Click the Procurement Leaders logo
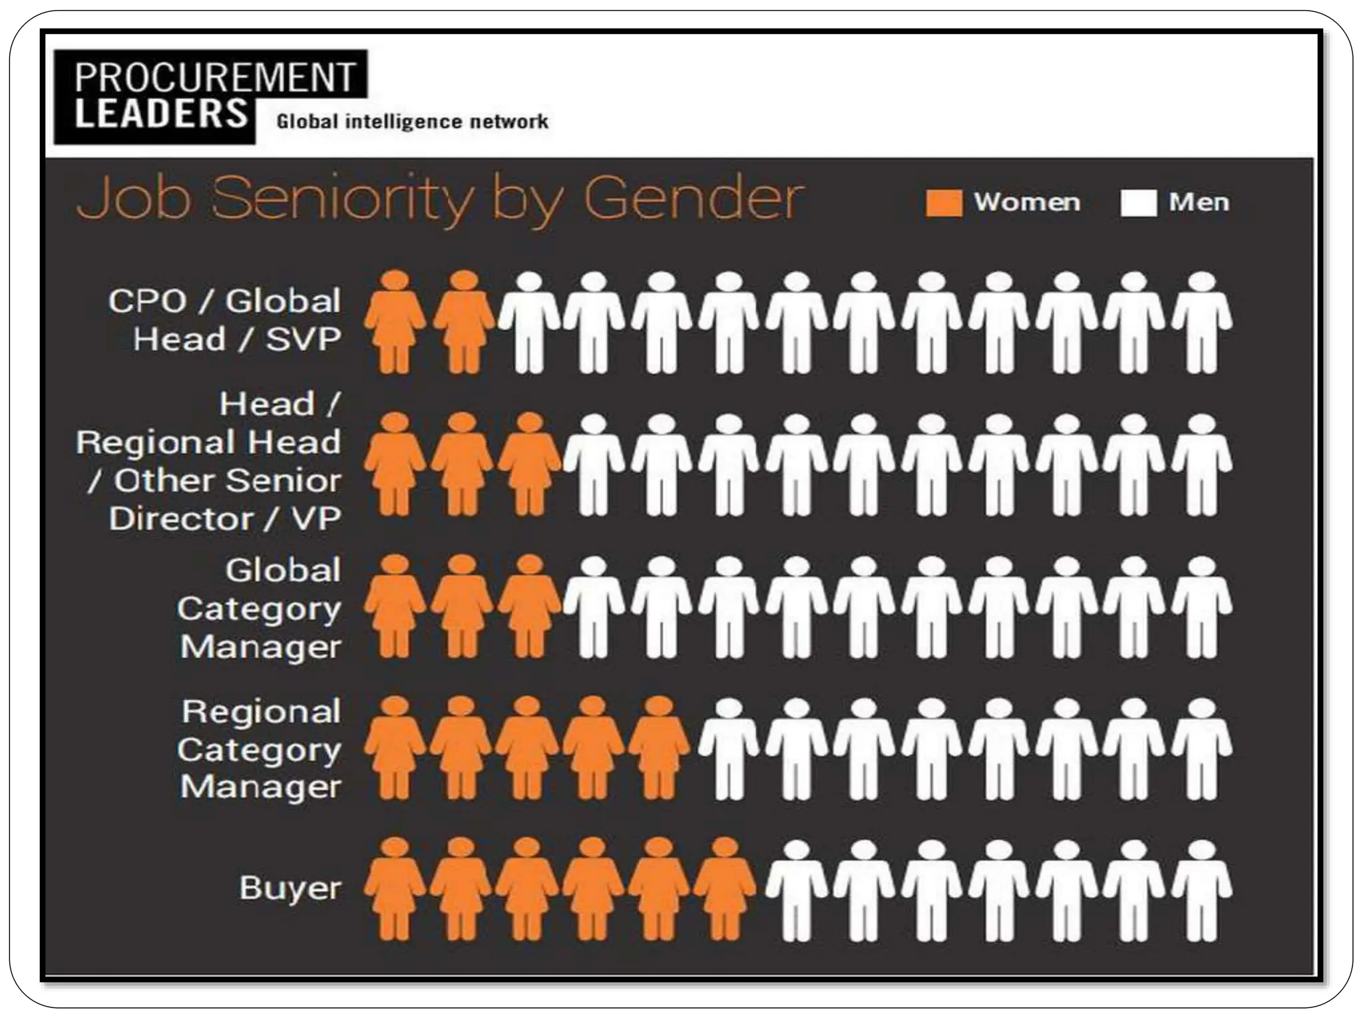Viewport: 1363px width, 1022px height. pyautogui.click(x=210, y=96)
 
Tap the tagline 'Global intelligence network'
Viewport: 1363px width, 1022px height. pyautogui.click(x=412, y=122)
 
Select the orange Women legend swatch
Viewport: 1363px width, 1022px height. pyautogui.click(x=944, y=203)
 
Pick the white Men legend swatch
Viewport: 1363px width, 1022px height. pyautogui.click(x=1138, y=203)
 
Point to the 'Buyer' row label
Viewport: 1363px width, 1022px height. pyautogui.click(x=290, y=888)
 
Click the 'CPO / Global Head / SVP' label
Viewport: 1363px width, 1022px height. pyautogui.click(x=225, y=320)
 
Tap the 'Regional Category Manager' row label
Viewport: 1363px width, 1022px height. pyautogui.click(x=260, y=749)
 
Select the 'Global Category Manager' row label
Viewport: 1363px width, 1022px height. pyautogui.click(x=260, y=608)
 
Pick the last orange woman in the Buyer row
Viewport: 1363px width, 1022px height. pyautogui.click(x=725, y=888)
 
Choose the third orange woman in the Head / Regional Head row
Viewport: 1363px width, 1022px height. pyautogui.click(x=529, y=464)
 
